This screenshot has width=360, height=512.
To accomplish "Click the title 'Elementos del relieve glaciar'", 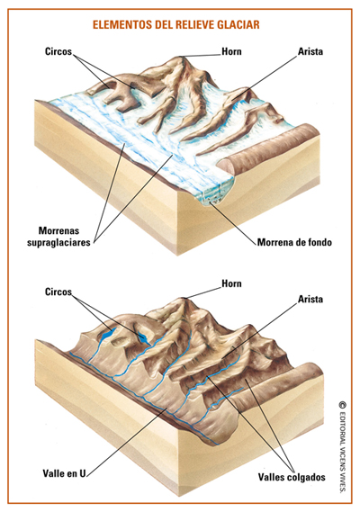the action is (x=176, y=25).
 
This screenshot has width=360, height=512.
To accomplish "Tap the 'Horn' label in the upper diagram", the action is (x=231, y=51).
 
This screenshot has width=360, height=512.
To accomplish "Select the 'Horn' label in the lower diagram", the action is (x=231, y=283).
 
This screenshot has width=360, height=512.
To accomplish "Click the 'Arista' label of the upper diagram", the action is (x=310, y=51).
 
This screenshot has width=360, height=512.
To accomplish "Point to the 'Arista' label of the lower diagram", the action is (x=310, y=299).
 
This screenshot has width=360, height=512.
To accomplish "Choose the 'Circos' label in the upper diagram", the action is (x=58, y=51).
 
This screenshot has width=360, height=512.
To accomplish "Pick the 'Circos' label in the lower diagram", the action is (x=58, y=292).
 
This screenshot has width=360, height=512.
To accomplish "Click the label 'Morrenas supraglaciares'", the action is (x=58, y=237).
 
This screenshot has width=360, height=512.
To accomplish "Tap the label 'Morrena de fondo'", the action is (x=294, y=242).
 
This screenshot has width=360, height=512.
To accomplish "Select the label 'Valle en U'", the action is (x=65, y=473).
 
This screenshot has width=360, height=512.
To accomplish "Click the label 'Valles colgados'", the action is (x=292, y=477).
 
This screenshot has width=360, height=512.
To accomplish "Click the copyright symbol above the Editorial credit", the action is (x=342, y=405).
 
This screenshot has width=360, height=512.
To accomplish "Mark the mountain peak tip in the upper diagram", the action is (x=181, y=57).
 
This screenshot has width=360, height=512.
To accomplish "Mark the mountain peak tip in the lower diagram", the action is (x=184, y=298).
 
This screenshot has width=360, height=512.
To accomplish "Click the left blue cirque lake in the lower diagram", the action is (x=107, y=335).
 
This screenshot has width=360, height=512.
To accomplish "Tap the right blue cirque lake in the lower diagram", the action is (x=143, y=337).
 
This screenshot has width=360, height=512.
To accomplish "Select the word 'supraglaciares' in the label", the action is (x=58, y=243).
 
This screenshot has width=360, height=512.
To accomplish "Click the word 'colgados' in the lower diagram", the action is (x=306, y=477).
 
